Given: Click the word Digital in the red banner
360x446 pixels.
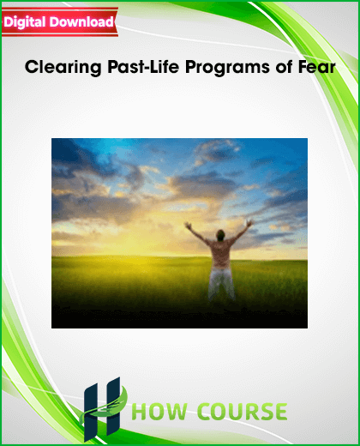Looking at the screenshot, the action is (25, 22).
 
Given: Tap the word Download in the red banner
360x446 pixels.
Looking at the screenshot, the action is (81, 21).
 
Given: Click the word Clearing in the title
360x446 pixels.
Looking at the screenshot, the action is (63, 68).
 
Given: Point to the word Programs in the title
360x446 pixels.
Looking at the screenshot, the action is (227, 68).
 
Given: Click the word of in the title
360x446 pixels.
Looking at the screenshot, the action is (284, 67).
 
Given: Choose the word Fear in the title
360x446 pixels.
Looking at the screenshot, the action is (317, 67).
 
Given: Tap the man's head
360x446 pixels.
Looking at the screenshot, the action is (220, 235).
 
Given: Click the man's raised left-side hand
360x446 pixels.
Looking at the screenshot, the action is (189, 226).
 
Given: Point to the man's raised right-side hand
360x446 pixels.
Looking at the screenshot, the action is (250, 223).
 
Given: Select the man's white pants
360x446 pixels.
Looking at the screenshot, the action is (221, 283).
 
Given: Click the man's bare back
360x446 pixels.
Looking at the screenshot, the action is (220, 253).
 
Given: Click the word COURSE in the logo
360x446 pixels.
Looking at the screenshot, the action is (243, 412).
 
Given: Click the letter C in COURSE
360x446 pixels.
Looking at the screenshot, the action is (205, 412).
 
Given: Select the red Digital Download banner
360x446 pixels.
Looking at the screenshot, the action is (60, 22).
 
